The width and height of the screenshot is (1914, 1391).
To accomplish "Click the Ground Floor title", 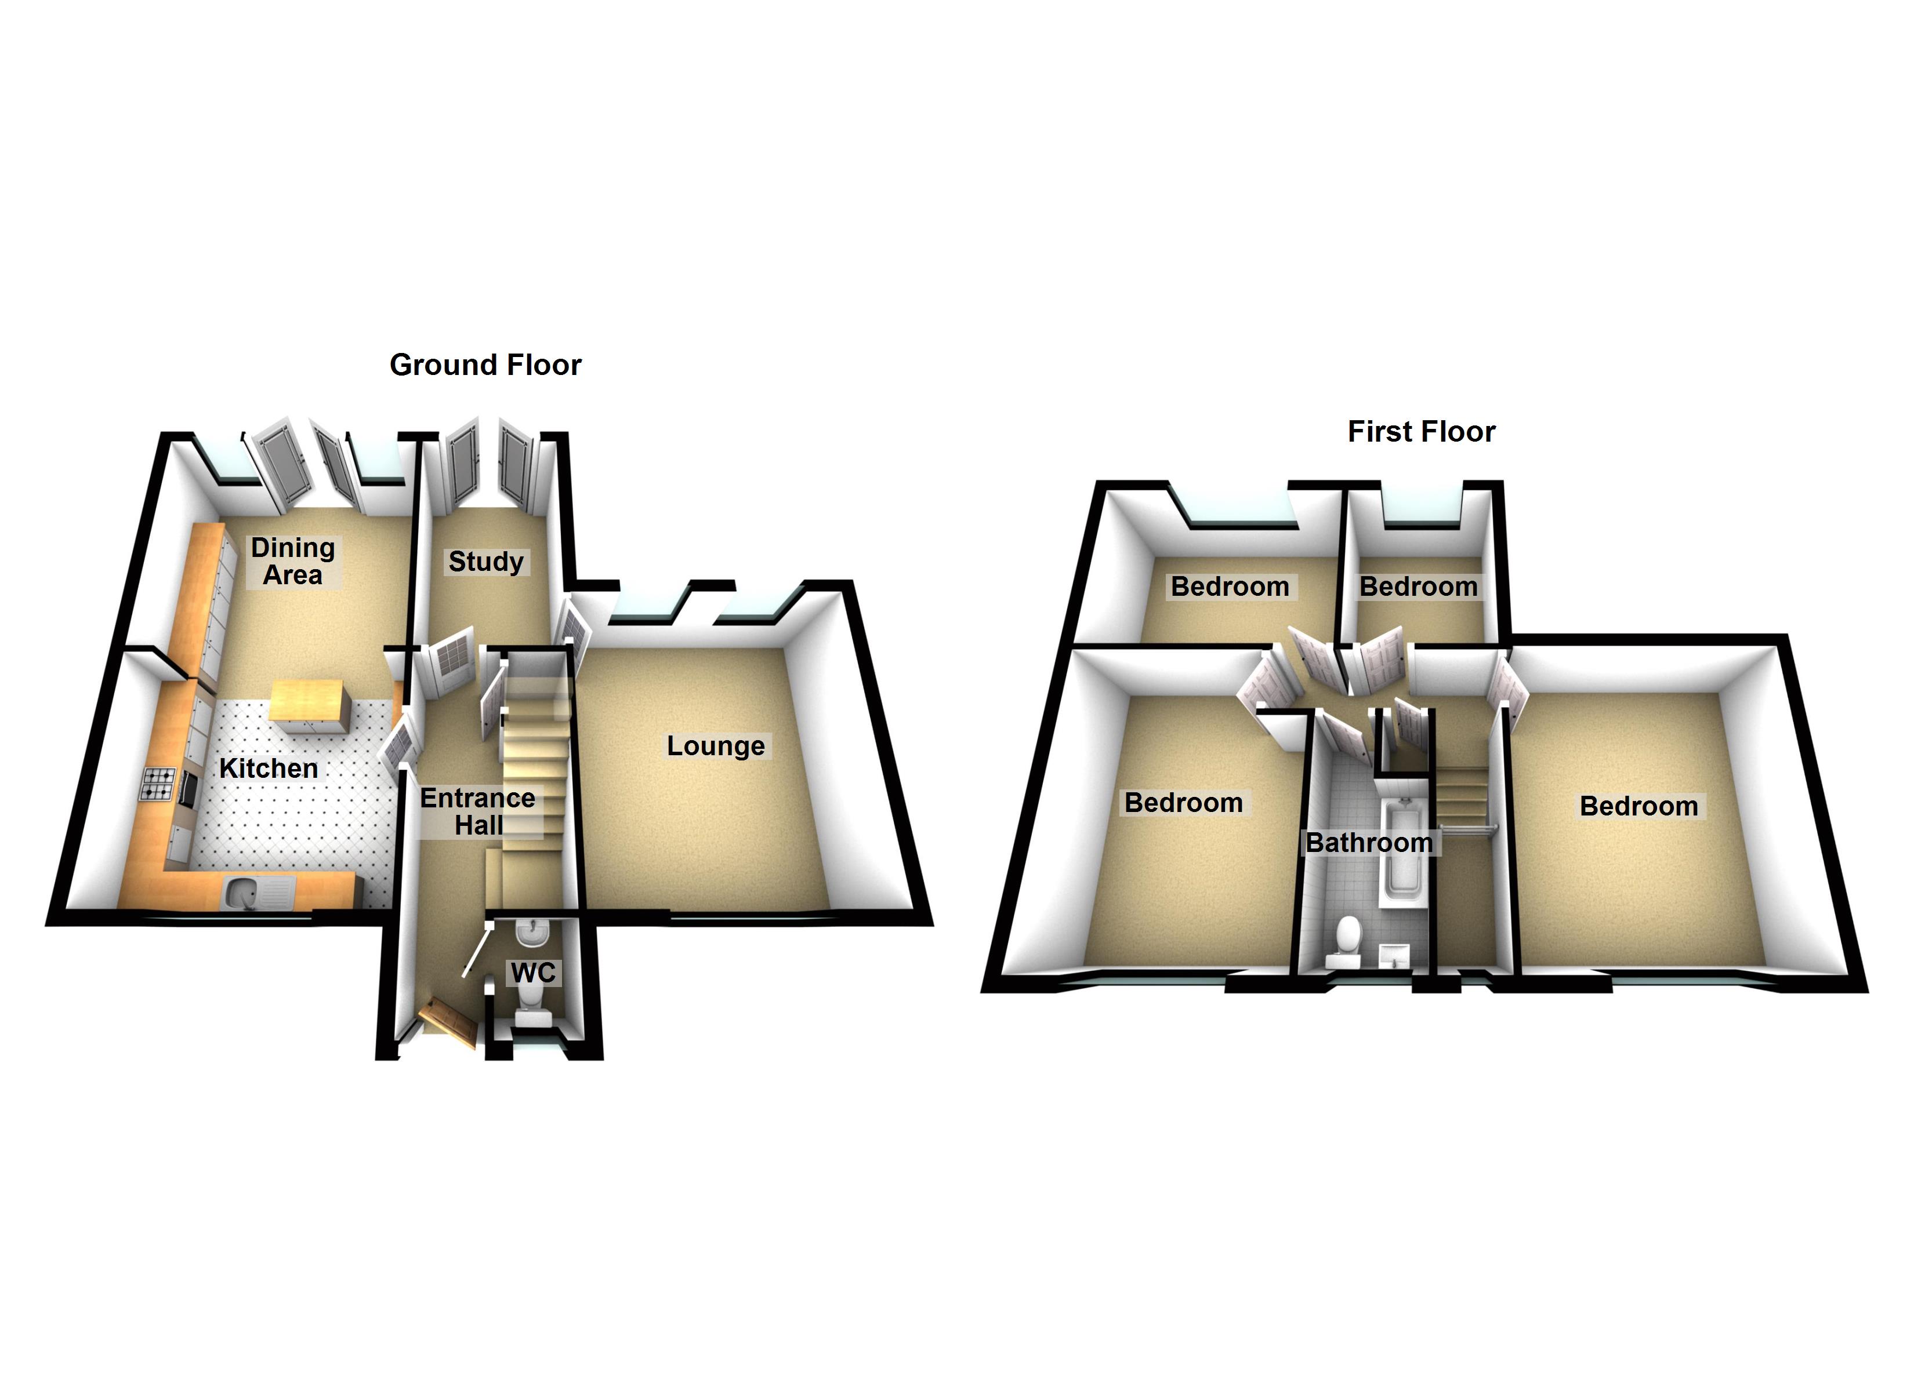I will [485, 365].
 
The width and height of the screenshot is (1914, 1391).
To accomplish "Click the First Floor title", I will [1421, 431].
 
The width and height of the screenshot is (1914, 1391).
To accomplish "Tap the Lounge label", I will [716, 746].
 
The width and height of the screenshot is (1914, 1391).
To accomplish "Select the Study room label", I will [486, 561].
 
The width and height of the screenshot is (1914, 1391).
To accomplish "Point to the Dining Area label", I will [293, 561].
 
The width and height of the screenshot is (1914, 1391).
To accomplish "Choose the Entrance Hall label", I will [478, 811].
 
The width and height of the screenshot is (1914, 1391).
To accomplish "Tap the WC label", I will [532, 973].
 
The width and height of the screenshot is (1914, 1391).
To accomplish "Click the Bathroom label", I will [1369, 842].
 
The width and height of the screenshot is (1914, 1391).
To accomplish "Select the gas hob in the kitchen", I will [158, 783].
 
